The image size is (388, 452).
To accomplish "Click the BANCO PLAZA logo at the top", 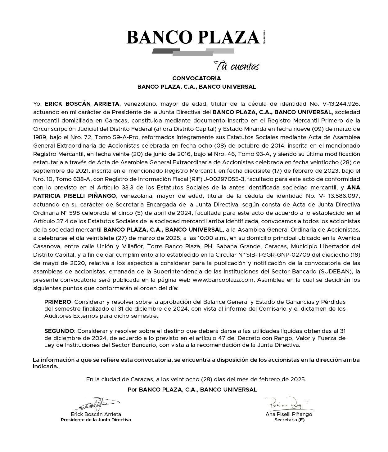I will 193,38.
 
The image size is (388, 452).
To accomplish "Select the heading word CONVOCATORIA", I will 196,78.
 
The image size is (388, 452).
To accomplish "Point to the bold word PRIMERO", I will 58,302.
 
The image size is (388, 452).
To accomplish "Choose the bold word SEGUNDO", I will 59,331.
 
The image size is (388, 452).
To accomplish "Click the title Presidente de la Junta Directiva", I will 96,420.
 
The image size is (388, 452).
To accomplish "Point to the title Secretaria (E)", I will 289,420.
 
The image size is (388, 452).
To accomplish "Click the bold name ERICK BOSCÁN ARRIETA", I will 82,104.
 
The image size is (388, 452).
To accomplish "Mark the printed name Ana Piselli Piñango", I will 289,414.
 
